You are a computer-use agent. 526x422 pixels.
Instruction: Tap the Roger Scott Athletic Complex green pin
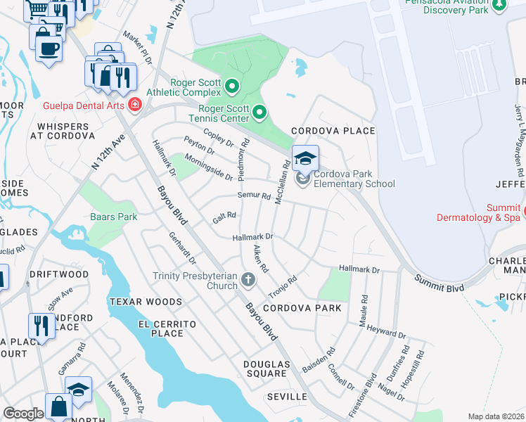[x=233, y=87]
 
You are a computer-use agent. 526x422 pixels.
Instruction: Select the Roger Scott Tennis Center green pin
[x=259, y=112]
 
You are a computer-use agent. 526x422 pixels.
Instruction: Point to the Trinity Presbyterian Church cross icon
[x=248, y=281]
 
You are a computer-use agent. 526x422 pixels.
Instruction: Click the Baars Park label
[x=114, y=217]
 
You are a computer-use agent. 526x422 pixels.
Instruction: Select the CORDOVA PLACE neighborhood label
[x=333, y=132]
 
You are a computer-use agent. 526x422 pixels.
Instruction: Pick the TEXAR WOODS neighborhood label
[x=146, y=302]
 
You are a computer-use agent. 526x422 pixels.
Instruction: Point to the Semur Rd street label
[x=254, y=196]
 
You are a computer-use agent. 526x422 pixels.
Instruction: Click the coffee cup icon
[x=49, y=49]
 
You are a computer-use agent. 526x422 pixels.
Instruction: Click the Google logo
[x=23, y=414]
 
